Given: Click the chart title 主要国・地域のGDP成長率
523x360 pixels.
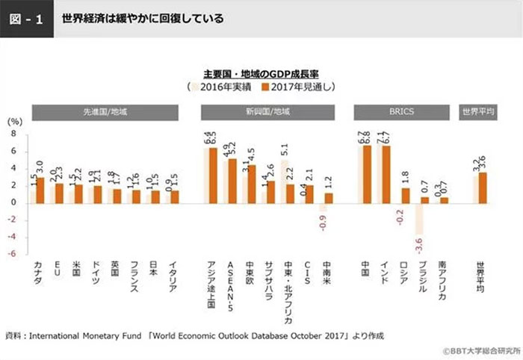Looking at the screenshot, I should click(260, 74).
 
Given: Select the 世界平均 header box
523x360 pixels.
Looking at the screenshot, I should click(478, 112).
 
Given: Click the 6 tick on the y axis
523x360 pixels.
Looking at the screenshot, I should click(12, 151).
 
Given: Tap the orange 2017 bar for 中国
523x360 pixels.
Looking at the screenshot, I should click(368, 173).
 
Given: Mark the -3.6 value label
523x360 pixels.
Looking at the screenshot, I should click(421, 244).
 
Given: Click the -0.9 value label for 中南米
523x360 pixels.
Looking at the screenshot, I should click(322, 223).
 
